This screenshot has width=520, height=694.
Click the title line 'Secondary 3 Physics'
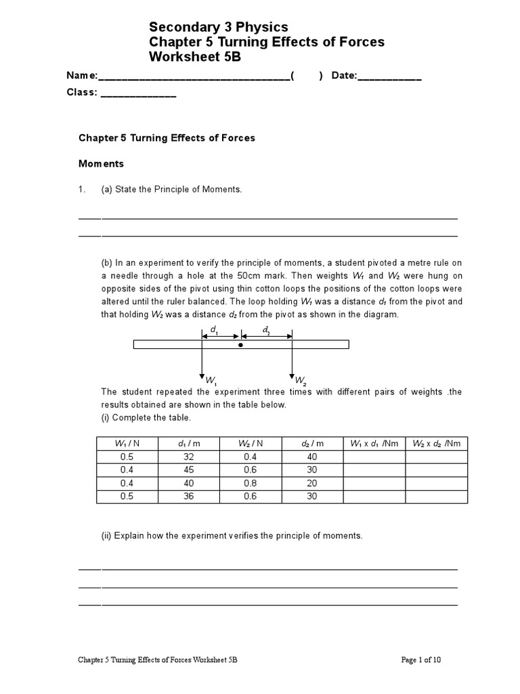click(x=218, y=27)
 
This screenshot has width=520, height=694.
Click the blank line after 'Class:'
click(x=138, y=94)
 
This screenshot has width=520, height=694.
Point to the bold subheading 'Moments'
click(x=102, y=164)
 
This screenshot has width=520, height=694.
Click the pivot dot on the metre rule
click(x=240, y=345)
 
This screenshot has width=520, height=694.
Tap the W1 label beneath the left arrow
click(x=211, y=380)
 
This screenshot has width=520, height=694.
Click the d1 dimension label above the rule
click(x=215, y=330)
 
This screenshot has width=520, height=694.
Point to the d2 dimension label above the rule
click(x=266, y=330)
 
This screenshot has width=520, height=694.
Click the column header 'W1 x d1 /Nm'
click(x=374, y=443)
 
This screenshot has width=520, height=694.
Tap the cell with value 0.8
click(x=251, y=483)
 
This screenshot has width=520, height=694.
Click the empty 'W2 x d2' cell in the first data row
click(x=436, y=457)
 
